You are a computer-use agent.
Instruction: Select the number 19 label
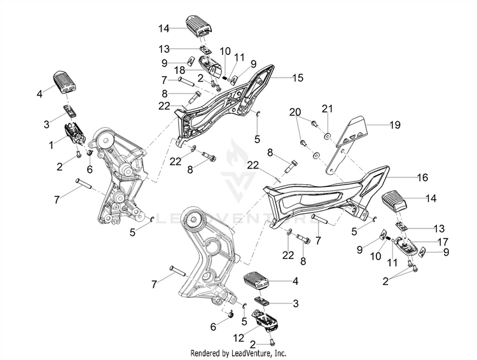395,125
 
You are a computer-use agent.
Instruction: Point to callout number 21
327,109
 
